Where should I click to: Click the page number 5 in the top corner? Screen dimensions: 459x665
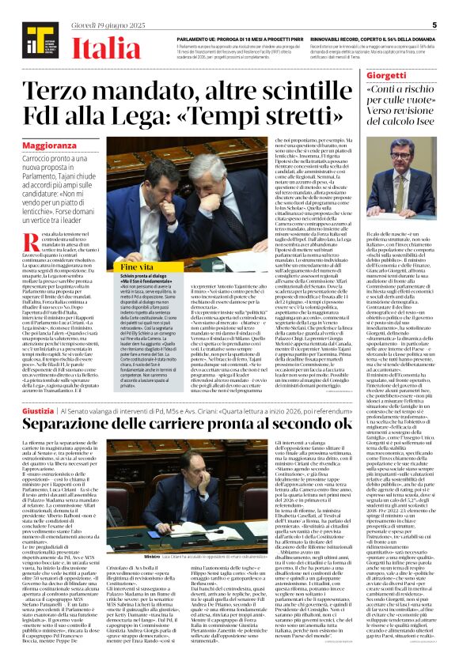[434, 25]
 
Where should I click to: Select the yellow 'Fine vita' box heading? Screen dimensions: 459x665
[138, 268]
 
